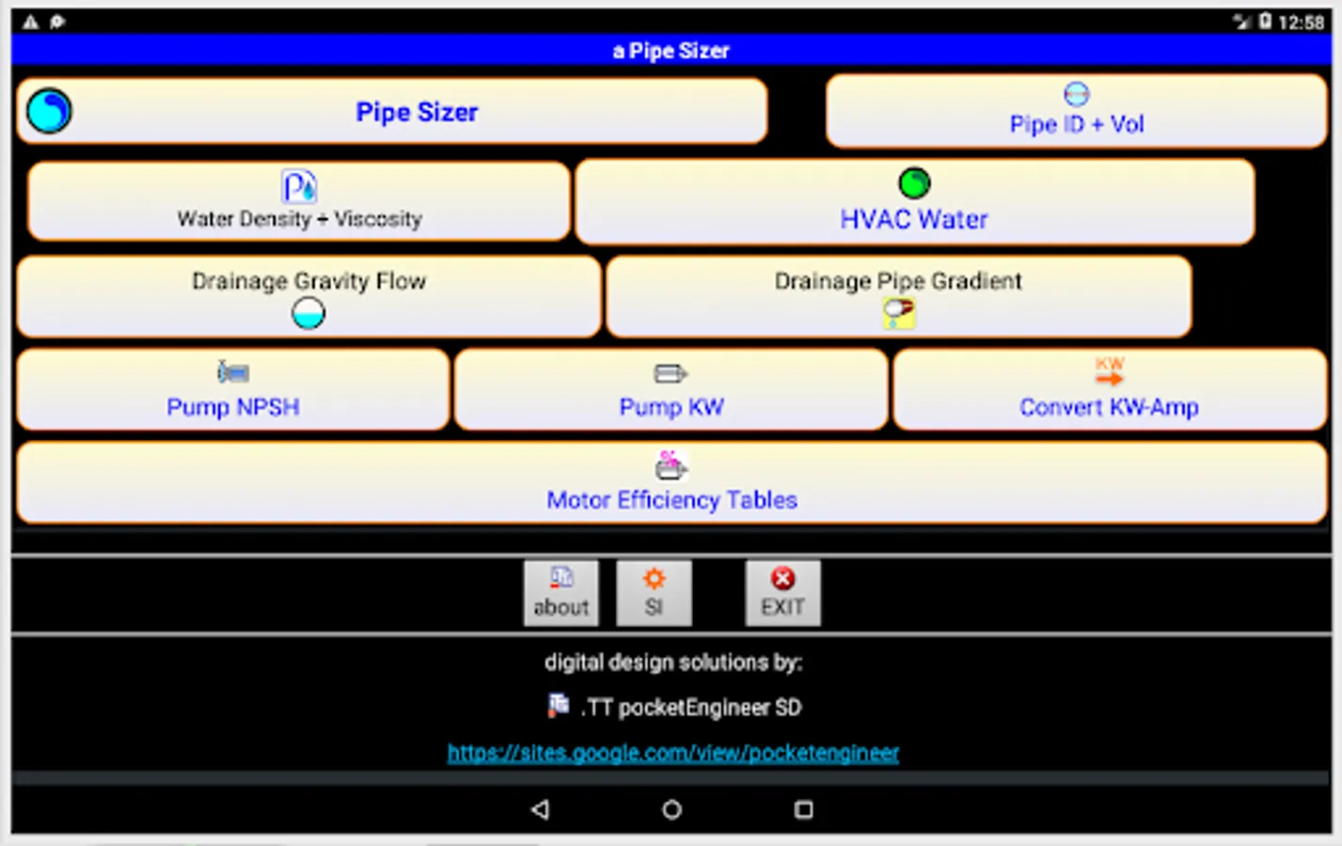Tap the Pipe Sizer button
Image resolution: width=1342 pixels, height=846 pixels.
coord(416,112)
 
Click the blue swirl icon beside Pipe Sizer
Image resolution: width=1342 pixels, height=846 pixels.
coord(49,111)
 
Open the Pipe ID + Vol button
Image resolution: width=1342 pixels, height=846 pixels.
coord(1076,112)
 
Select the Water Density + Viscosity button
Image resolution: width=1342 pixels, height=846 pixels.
coord(299,201)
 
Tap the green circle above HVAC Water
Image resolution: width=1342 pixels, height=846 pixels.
coord(914,182)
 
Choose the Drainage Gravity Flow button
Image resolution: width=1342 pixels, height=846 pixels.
coord(308,295)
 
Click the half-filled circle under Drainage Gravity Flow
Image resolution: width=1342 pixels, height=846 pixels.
coord(308,313)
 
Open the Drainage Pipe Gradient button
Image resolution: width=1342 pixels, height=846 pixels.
coord(898,295)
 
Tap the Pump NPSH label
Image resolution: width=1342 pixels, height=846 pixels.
coord(232,407)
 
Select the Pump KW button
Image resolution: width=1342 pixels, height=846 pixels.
coord(671,390)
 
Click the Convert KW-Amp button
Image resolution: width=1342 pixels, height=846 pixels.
coord(1109,390)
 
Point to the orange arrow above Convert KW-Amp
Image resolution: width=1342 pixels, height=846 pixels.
coord(1110,378)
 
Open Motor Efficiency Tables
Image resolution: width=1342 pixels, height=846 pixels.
coord(671,483)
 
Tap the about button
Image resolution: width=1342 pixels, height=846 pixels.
coord(561,593)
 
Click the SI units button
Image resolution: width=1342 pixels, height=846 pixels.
coord(654,593)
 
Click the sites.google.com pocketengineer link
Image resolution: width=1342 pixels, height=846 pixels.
coord(673,753)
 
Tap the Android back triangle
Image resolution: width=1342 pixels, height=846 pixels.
coord(540,809)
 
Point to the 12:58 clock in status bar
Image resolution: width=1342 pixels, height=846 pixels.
coord(1302,22)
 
